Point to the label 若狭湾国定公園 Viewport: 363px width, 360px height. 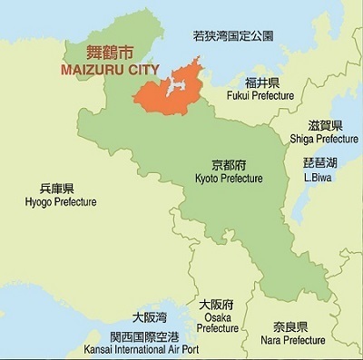(233, 37)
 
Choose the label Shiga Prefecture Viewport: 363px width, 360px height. (324, 139)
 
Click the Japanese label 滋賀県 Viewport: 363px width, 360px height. (324, 125)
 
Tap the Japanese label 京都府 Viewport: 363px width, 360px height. (228, 165)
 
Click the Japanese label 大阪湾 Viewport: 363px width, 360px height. (149, 317)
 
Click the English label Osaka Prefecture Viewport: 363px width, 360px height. (217, 322)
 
